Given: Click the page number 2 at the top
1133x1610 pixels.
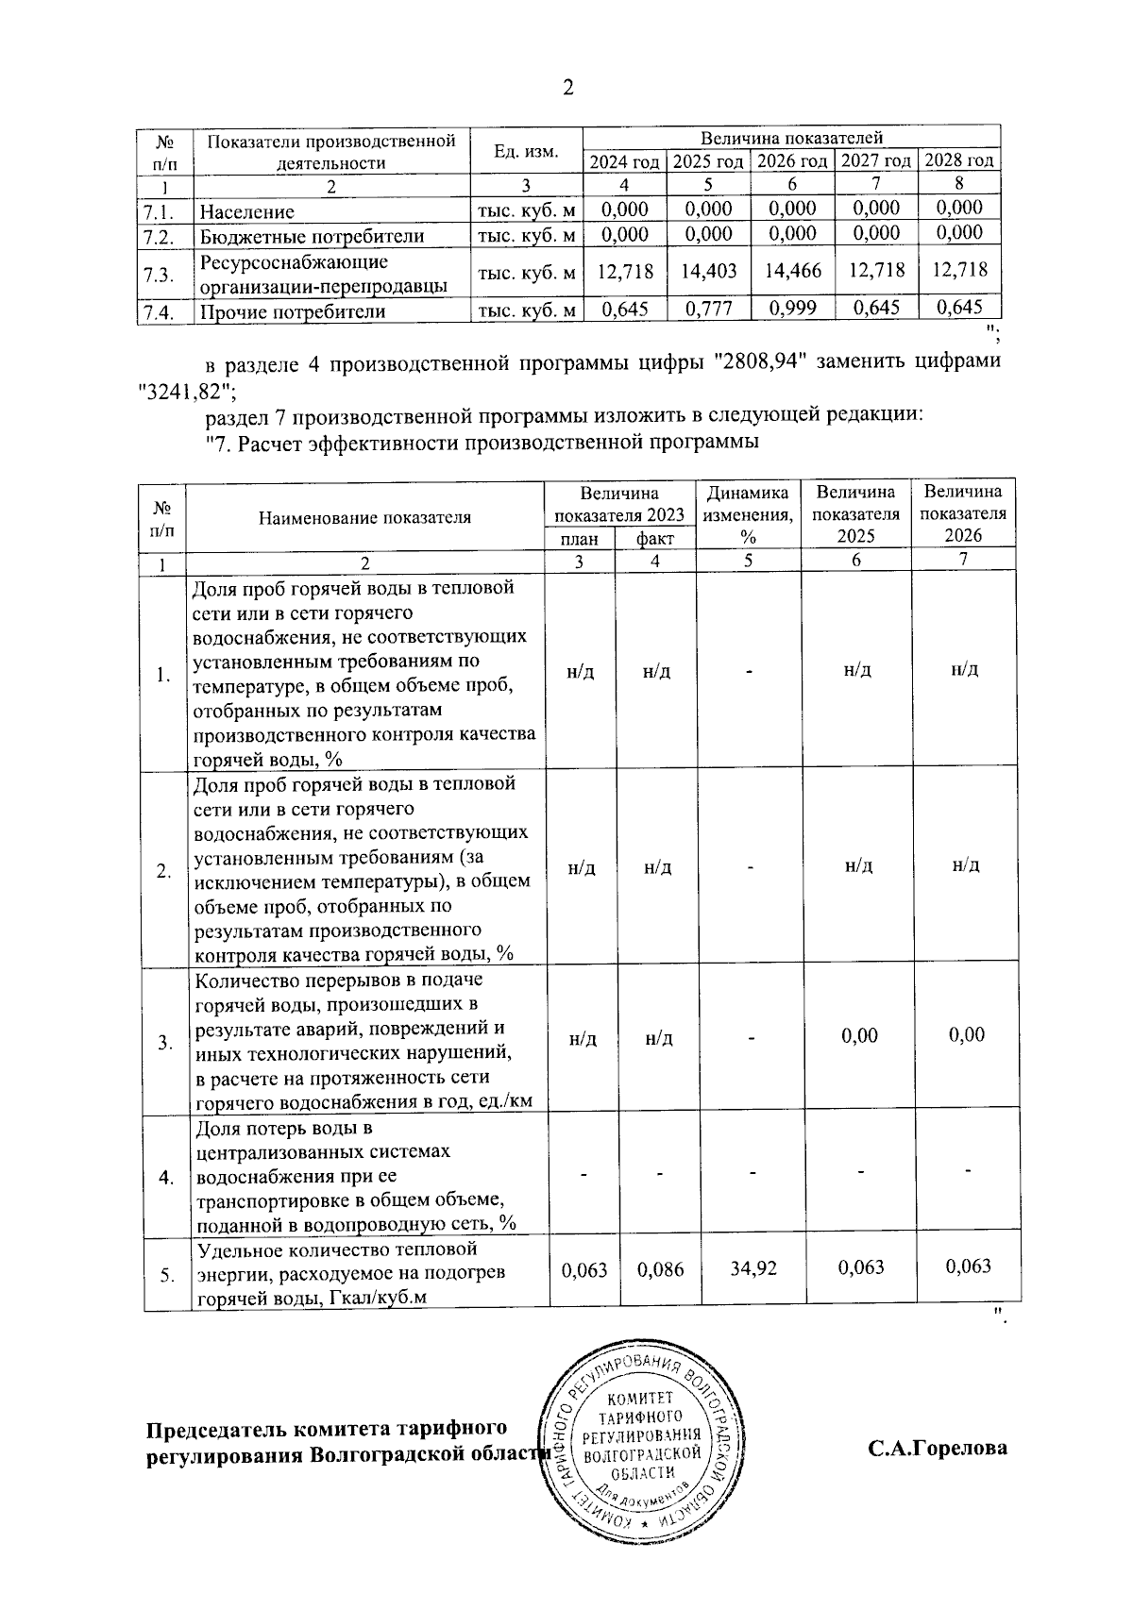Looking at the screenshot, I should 567,88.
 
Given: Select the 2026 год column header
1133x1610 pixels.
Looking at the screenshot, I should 792,161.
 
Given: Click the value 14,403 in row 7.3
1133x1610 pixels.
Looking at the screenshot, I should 709,271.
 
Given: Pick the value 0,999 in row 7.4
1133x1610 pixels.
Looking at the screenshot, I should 792,307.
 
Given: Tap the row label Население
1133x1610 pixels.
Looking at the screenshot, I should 246,212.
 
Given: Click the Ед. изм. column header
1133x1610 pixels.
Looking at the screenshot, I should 526,151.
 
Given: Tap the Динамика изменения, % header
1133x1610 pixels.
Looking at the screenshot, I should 748,514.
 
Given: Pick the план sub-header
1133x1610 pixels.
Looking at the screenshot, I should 579,538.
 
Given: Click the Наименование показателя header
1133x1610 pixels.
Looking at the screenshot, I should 364,516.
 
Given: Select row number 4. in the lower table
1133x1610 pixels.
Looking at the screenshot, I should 166,1178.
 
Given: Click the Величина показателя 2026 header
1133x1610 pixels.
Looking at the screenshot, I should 963,514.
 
